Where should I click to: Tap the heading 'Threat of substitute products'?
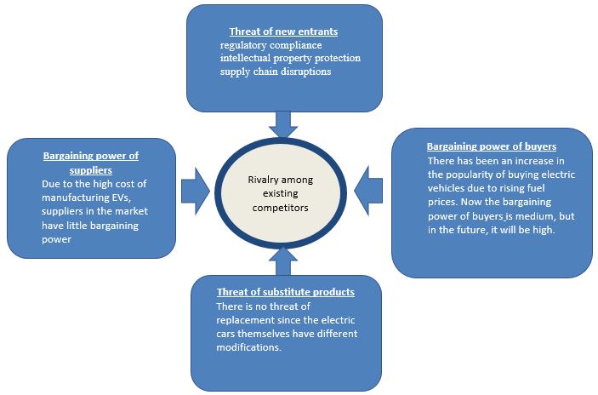[x=285, y=292]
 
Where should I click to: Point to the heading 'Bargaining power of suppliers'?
[x=91, y=162]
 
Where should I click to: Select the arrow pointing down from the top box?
[x=284, y=123]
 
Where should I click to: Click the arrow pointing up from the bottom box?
[x=279, y=261]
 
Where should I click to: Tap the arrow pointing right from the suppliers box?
[x=196, y=190]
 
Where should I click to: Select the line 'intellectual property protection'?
[x=290, y=58]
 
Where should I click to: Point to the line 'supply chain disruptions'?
[x=275, y=72]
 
